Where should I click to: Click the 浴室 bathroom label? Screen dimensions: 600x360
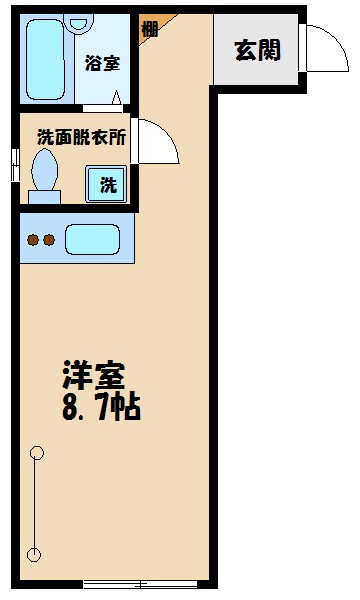point(103,62)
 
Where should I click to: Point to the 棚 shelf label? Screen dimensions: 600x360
point(149,28)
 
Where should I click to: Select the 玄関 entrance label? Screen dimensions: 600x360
point(257,49)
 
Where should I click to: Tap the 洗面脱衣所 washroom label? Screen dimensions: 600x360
point(81,137)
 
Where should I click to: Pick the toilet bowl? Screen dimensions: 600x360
point(46,175)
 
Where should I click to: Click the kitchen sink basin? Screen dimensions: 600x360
point(92,240)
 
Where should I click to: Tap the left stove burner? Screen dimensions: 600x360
point(32,240)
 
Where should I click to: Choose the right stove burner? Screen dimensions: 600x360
point(47,240)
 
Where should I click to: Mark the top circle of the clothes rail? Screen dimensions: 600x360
point(37,452)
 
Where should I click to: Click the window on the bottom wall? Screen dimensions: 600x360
point(140,583)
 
